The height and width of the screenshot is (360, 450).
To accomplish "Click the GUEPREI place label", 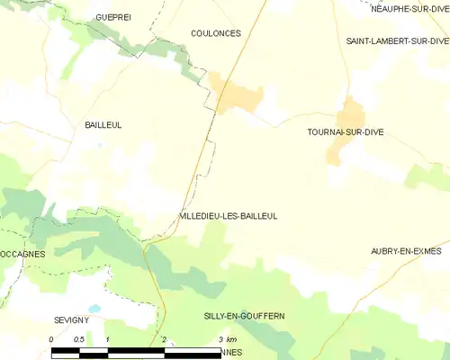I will click(113, 17).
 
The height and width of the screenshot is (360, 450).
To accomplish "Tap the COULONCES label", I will click(216, 33).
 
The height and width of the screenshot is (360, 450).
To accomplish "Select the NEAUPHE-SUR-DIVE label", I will click(409, 9).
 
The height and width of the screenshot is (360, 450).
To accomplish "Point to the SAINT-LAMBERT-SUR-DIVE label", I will click(398, 41).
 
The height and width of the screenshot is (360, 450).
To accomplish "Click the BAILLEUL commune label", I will click(103, 125).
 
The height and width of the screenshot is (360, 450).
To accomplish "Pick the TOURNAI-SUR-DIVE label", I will click(346, 132).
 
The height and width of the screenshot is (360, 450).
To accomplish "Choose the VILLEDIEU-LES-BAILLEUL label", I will click(229, 217).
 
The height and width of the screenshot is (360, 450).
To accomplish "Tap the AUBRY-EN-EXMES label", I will click(406, 251).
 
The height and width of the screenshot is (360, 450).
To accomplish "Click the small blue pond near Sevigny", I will click(94, 308).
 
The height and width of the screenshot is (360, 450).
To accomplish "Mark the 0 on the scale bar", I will click(52, 338).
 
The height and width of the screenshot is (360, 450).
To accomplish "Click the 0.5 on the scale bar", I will click(79, 338).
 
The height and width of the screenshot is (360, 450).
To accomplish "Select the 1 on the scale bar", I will click(108, 338).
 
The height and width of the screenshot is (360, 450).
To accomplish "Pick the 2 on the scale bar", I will click(164, 338).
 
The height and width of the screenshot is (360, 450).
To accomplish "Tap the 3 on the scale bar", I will click(220, 338).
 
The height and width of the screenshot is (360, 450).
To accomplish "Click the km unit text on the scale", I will click(232, 338).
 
